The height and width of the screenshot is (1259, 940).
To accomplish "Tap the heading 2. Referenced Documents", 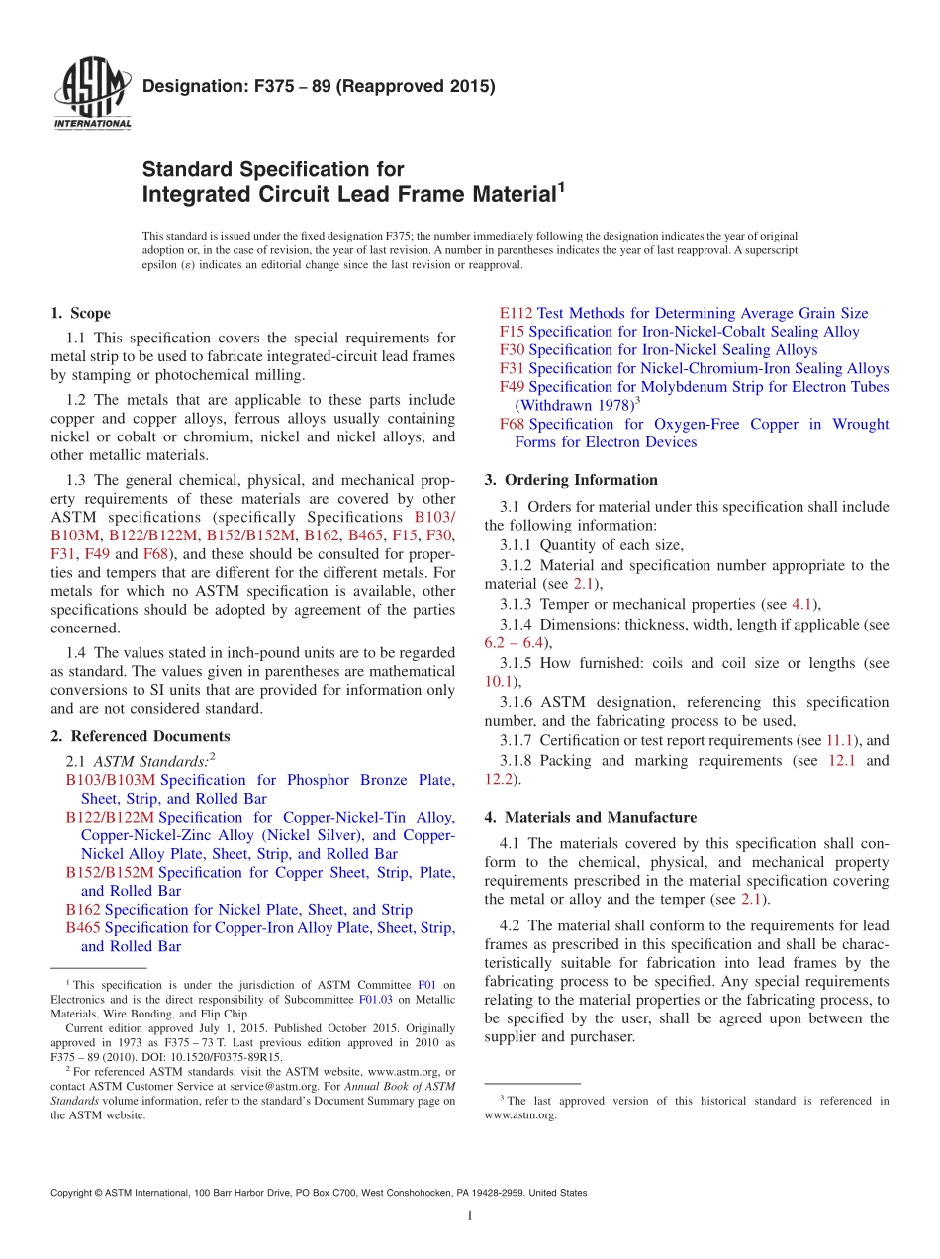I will [140, 736].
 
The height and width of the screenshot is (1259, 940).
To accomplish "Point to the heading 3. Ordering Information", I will [571, 480].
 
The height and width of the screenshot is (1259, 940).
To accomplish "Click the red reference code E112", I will [516, 313].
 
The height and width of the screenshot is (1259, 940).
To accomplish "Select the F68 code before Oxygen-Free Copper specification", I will [512, 424].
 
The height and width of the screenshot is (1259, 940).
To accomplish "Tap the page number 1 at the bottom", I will [470, 1216].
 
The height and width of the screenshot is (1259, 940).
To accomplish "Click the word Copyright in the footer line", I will [74, 1193].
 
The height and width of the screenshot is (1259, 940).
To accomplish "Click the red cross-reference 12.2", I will [500, 780].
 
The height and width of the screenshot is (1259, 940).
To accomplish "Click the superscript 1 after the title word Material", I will [560, 186].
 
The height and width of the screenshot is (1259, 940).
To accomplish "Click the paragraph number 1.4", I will [76, 652].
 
